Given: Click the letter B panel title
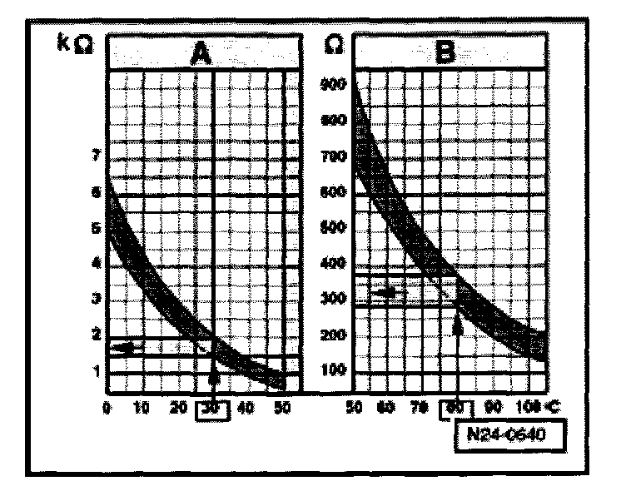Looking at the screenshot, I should point(446,55).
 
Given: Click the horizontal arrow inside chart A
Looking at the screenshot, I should point(129,346).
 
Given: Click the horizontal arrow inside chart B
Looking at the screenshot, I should point(385,292).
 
